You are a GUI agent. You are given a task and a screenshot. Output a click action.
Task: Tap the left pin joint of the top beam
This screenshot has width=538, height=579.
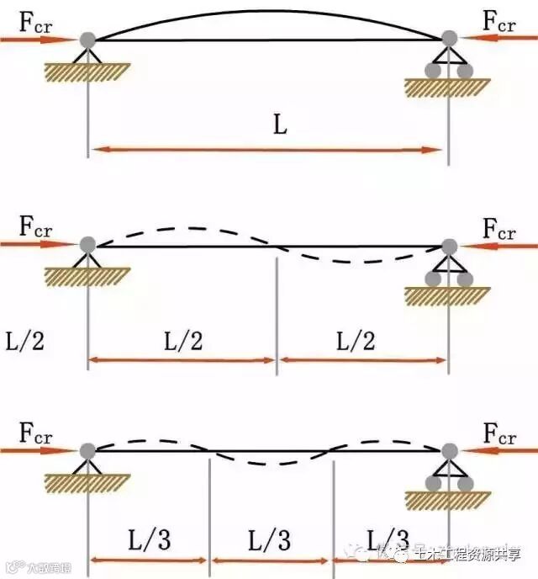(87, 39)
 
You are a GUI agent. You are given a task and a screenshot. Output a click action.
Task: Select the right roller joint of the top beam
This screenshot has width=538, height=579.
(449, 39)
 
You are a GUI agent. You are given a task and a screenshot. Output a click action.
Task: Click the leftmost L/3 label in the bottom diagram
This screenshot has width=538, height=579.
(149, 539)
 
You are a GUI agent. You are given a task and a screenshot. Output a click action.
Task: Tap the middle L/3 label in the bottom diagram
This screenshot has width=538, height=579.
(269, 539)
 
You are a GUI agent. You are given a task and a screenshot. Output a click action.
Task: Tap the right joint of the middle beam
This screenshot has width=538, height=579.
(449, 246)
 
